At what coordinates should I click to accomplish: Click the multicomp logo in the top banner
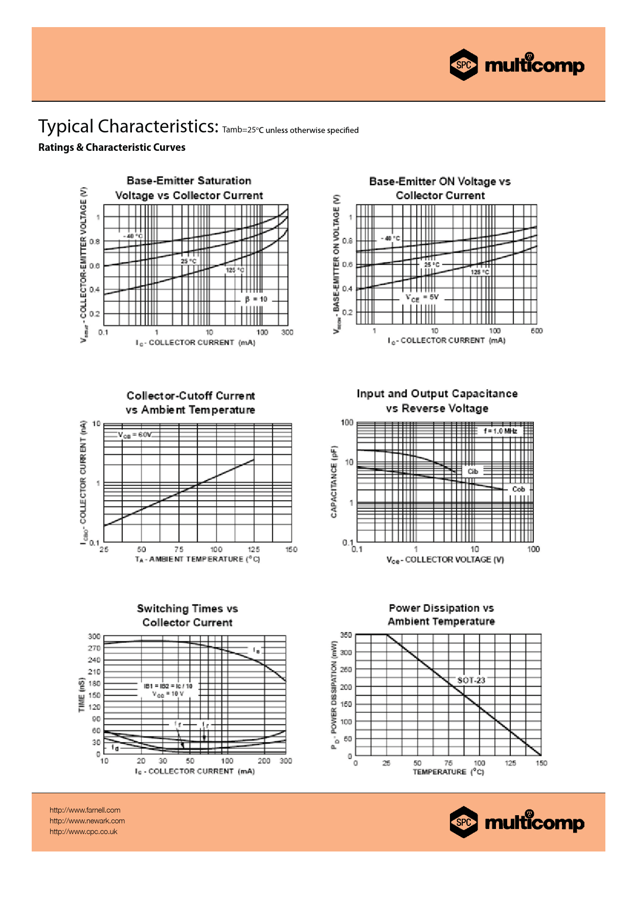pos(517,65)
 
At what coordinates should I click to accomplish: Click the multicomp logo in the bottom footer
pos(517,822)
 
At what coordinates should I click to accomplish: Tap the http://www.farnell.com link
pos(85,810)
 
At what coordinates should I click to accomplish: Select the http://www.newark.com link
pos(87,821)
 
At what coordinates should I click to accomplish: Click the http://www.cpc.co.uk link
pos(83,832)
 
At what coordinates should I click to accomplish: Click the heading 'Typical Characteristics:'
pos(128,126)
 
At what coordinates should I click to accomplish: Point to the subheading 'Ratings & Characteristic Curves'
pos(111,147)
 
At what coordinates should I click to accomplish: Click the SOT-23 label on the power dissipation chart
pos(471,680)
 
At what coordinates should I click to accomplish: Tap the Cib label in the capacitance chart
pos(473,472)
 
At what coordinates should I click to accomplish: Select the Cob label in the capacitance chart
pos(518,489)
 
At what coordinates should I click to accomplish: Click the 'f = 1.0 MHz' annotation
pos(500,431)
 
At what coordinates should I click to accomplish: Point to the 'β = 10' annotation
pos(256,299)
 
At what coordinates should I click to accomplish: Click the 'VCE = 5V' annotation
pos(422,297)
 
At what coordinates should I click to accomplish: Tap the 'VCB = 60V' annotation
pos(135,435)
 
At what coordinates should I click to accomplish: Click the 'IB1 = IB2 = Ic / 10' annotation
pos(168,686)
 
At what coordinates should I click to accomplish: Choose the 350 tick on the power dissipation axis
pos(346,635)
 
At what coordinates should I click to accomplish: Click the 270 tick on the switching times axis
pos(94,648)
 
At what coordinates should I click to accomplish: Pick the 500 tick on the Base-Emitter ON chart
pos(536,331)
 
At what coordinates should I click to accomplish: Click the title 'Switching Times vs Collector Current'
pos(187,615)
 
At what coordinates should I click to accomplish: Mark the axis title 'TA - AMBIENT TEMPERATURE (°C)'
pos(197,559)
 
